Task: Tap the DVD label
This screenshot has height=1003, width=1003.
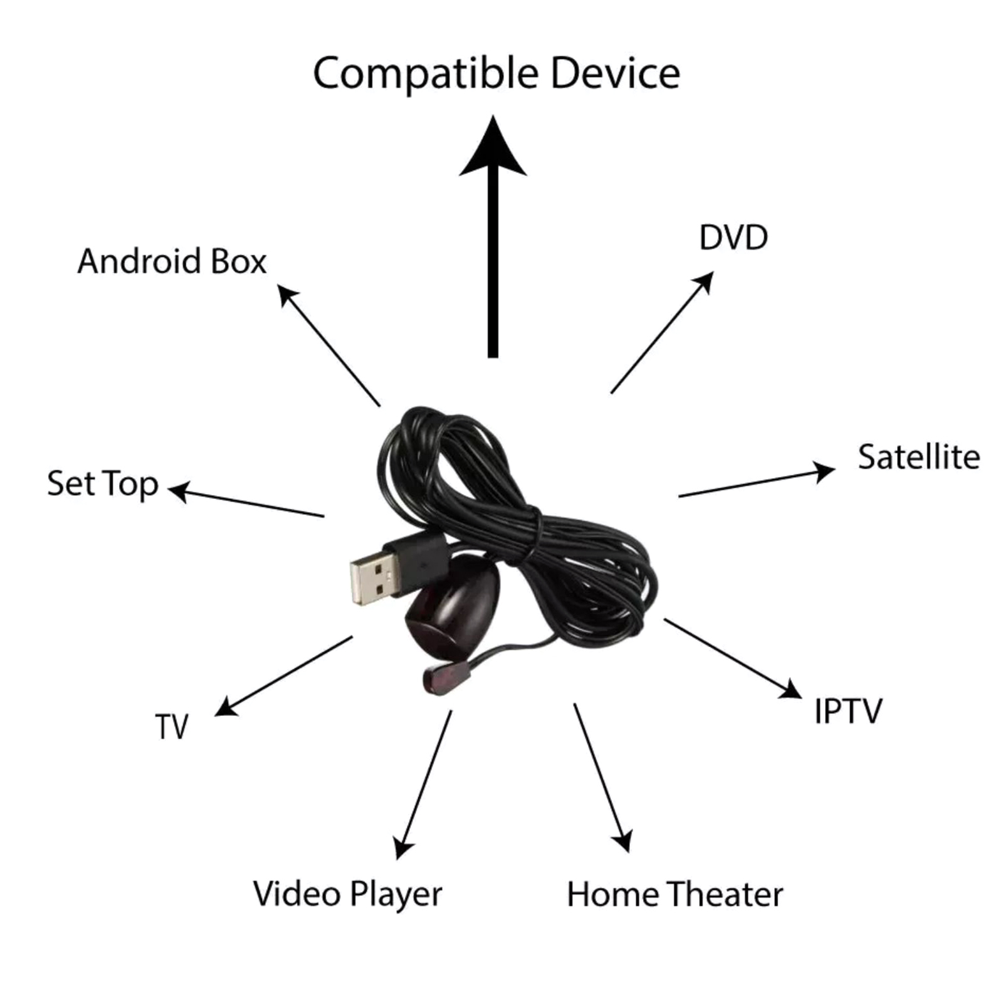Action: [733, 238]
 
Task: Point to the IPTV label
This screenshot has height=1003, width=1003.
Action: [848, 711]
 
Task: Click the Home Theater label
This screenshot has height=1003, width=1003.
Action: [675, 894]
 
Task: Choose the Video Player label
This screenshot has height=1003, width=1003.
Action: [348, 895]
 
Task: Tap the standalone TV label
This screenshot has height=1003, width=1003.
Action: [172, 727]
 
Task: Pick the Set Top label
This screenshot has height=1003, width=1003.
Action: [103, 485]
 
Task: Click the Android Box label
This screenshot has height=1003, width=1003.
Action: [172, 261]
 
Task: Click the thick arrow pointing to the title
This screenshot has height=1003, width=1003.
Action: [493, 237]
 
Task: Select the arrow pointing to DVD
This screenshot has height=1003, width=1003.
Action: [662, 332]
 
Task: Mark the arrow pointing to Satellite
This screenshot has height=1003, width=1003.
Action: [757, 480]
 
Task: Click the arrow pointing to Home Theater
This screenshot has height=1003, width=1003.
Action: [602, 778]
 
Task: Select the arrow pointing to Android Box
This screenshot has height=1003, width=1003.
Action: [329, 345]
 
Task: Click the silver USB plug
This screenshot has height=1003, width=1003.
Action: [374, 582]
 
